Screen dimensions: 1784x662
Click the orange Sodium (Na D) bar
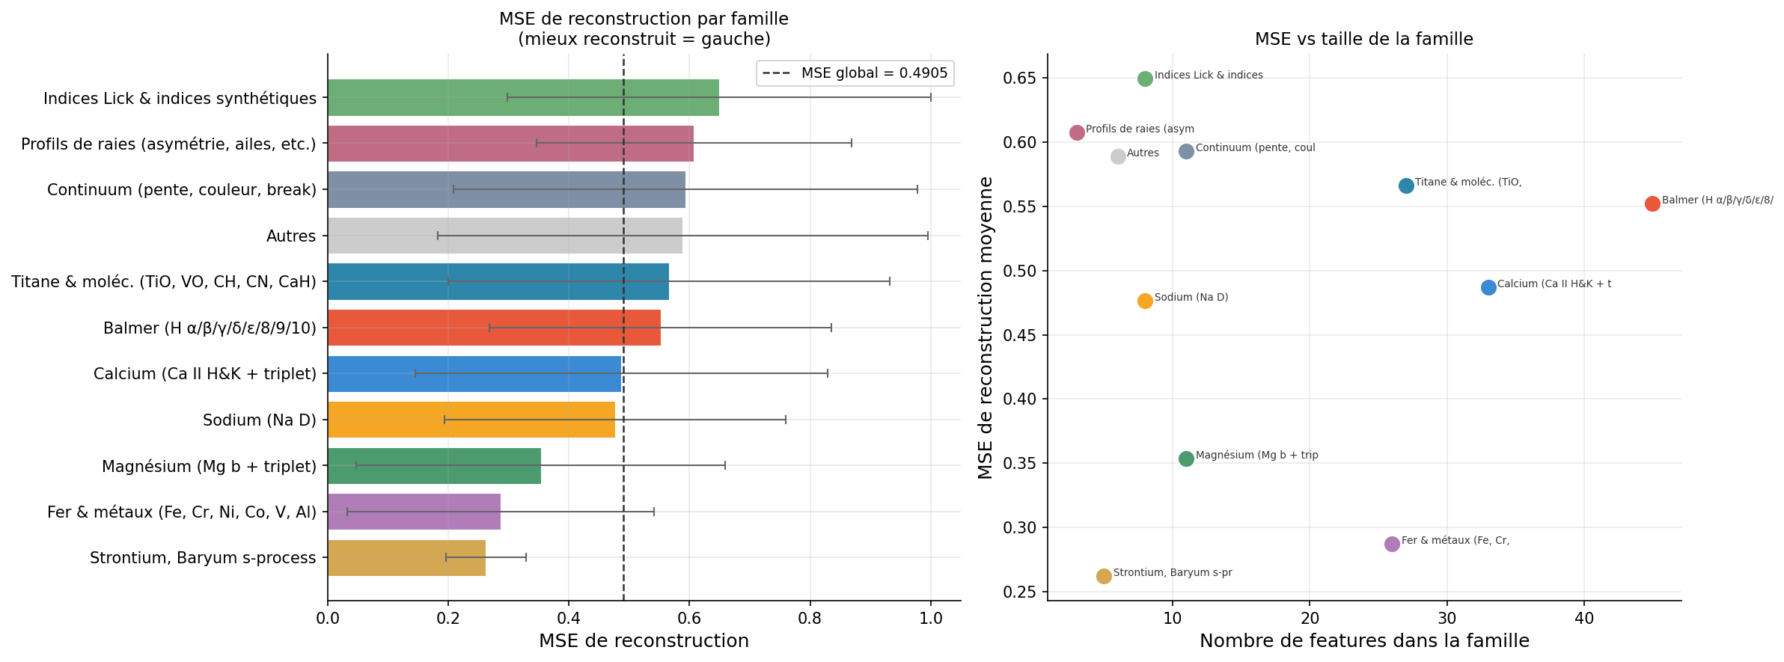pos(471,420)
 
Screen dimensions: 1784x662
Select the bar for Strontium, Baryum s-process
pos(406,558)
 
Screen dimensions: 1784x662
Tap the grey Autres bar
pos(505,236)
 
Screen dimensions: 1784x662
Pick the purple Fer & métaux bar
pos(414,512)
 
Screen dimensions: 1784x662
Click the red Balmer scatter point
pos(1652,203)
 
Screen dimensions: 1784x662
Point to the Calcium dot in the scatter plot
pos(1488,287)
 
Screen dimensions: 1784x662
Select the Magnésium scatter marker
pos(1186,459)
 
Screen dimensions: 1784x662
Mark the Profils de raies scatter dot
pos(1077,132)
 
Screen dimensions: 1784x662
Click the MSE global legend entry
pos(855,73)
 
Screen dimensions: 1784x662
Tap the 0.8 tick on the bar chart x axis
pos(810,619)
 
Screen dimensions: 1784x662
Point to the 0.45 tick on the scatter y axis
pos(1021,335)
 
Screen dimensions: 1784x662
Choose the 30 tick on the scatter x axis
pos(1447,619)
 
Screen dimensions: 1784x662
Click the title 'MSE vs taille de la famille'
pos(1363,39)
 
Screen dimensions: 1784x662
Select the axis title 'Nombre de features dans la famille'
pos(1364,641)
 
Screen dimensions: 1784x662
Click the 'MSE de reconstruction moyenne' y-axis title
pos(986,328)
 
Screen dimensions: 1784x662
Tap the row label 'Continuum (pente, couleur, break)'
pos(182,190)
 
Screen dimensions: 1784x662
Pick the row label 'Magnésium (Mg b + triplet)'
pos(210,467)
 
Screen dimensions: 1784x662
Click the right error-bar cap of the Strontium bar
pos(526,557)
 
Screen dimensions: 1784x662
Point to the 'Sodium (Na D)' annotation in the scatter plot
pos(1191,298)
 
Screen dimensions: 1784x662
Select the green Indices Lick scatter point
pos(1145,79)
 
